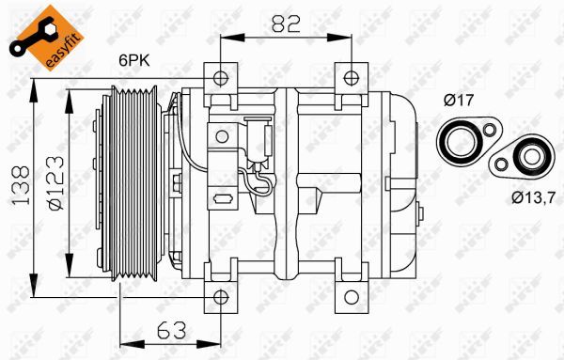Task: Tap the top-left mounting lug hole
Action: pyautogui.click(x=220, y=77)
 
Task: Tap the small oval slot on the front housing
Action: pyautogui.click(x=224, y=199)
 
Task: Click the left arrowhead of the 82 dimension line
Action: pyautogui.click(x=225, y=39)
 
